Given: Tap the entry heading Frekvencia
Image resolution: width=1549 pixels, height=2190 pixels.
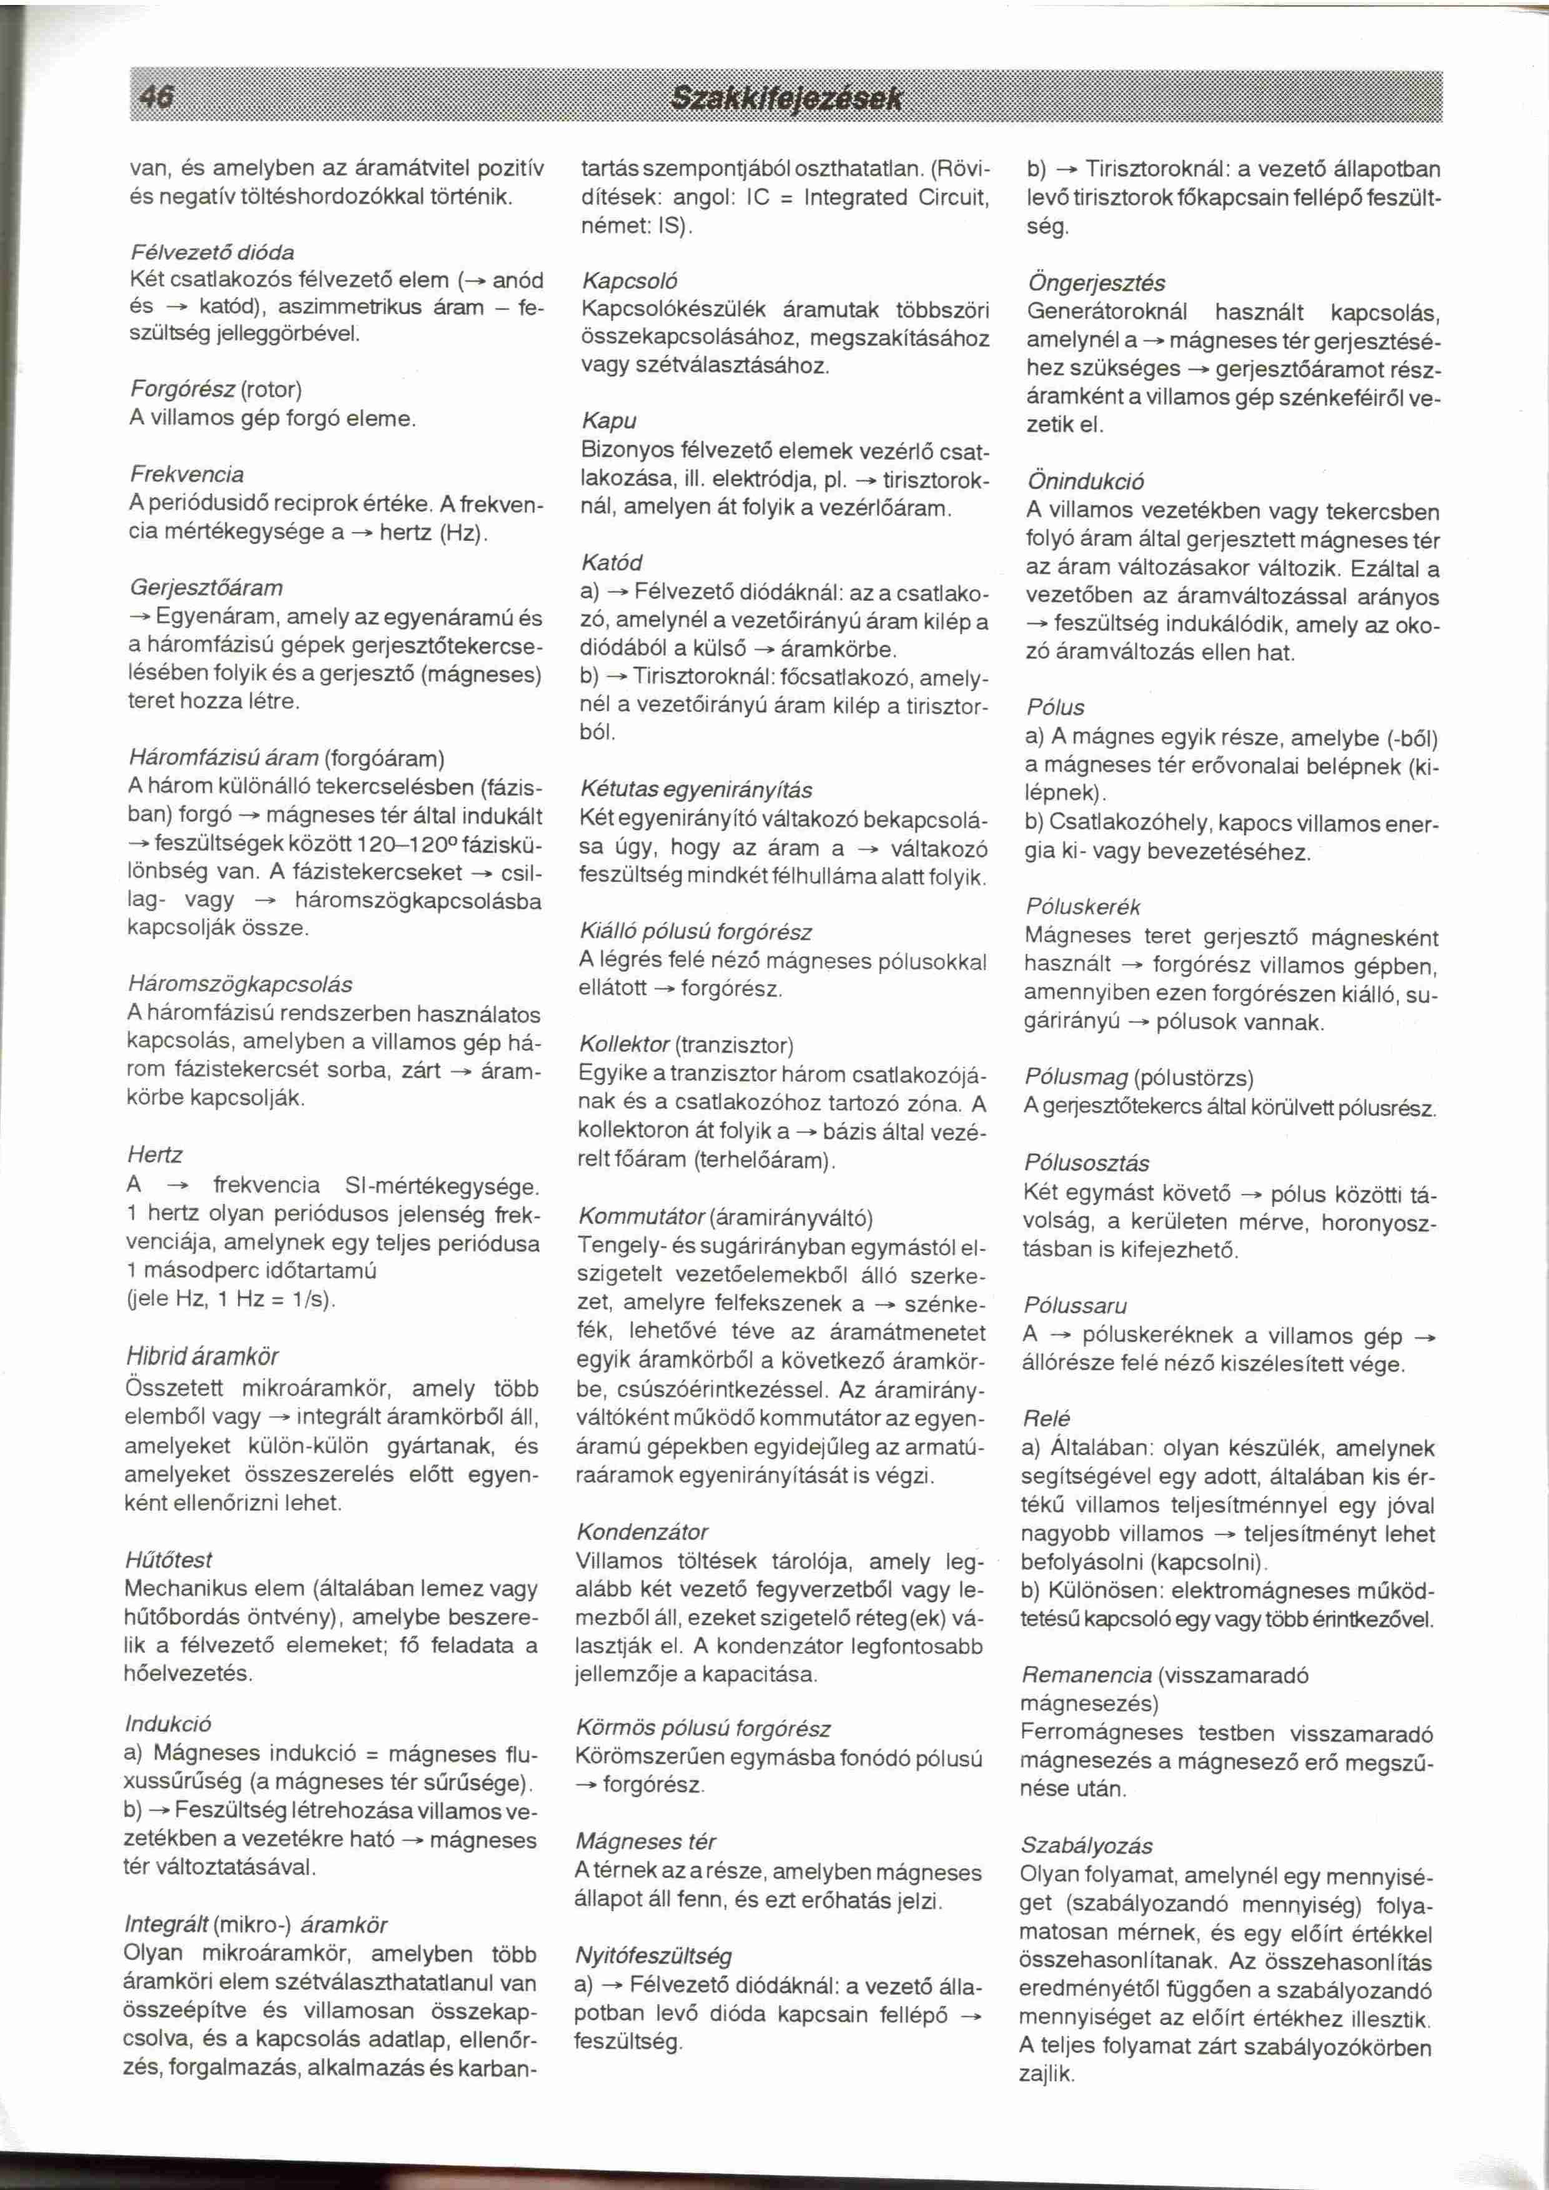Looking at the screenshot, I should [187, 474].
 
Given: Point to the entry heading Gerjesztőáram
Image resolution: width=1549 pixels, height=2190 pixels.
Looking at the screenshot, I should [206, 588].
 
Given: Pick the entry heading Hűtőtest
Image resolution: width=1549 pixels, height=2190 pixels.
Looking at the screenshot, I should [169, 1561].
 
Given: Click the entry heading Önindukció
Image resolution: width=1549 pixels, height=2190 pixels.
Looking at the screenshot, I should [1086, 481].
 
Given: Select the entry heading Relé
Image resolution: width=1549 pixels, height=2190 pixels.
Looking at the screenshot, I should [1046, 1418].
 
